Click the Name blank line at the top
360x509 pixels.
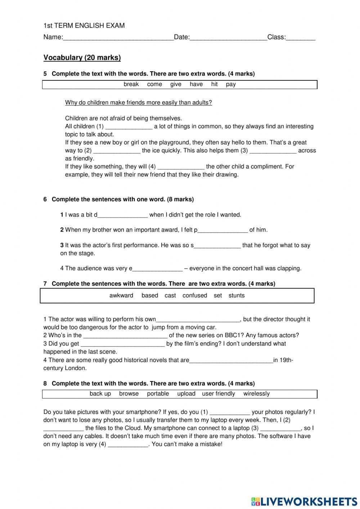(118, 37)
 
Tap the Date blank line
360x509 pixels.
(228, 37)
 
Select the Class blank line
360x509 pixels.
(301, 37)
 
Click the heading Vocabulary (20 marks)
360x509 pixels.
(82, 58)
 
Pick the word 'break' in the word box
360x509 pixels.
(131, 84)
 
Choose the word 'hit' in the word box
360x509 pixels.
(215, 84)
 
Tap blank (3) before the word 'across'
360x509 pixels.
(273, 151)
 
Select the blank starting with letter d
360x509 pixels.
(122, 215)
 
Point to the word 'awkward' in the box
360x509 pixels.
(121, 296)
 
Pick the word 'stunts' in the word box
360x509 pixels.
(237, 296)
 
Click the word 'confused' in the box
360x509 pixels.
(195, 296)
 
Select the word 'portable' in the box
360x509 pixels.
(158, 394)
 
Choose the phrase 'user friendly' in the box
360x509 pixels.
(219, 394)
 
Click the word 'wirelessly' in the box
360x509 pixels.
(256, 394)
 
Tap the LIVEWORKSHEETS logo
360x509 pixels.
(304, 501)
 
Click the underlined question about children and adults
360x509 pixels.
(139, 103)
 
